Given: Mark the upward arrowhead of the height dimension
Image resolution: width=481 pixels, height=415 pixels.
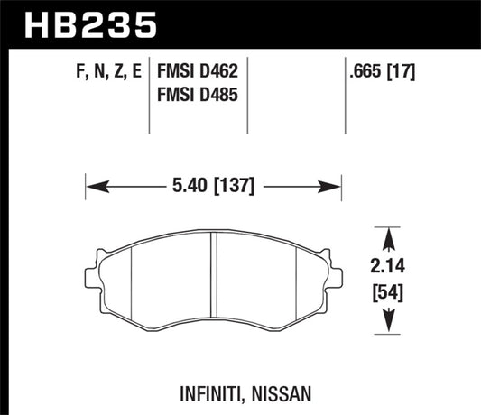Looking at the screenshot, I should [x=388, y=237].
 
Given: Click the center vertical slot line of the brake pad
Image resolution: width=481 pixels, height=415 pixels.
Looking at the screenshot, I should [x=213, y=278].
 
